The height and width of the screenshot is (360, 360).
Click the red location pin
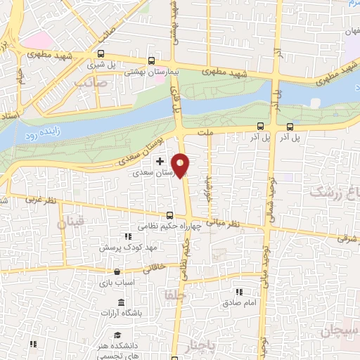pos(181,165)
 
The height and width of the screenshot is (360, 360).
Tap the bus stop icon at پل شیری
pos(101,53)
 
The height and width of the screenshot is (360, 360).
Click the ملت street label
pos(206,131)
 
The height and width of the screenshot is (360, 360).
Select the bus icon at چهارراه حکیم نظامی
pos(169,216)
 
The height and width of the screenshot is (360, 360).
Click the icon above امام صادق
pos(238,291)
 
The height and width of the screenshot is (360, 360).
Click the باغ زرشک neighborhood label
pos(335,192)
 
